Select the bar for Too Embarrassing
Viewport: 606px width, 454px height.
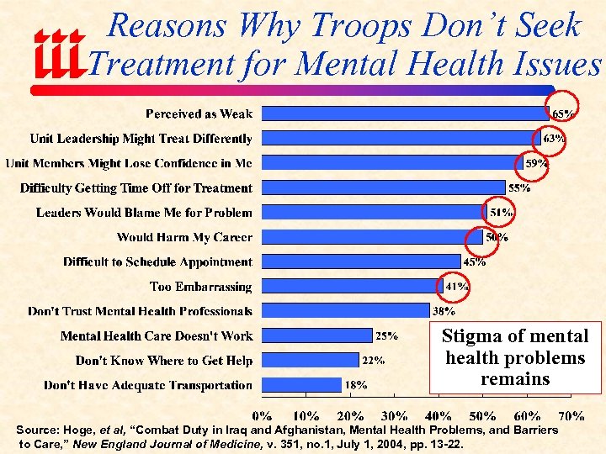click(x=352, y=287)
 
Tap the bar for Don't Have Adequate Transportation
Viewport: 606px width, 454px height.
click(x=302, y=385)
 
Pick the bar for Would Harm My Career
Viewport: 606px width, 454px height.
click(x=372, y=237)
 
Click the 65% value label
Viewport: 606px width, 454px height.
click(x=563, y=113)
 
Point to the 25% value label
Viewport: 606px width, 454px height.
click(x=386, y=336)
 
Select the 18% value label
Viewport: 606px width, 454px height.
click(x=355, y=385)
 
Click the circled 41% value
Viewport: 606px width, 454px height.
click(x=456, y=287)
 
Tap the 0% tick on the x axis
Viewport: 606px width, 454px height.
click(x=263, y=415)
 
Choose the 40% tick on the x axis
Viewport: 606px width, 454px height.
click(x=439, y=415)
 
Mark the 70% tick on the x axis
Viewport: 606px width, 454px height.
click(x=571, y=415)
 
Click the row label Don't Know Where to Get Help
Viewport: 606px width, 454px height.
click(x=163, y=361)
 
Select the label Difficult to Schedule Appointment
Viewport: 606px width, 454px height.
click(x=157, y=262)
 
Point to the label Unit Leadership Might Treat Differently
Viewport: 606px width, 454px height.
click(x=141, y=139)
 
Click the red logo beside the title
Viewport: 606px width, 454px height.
click(x=59, y=55)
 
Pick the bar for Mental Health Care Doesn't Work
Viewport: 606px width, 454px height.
click(x=317, y=335)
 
